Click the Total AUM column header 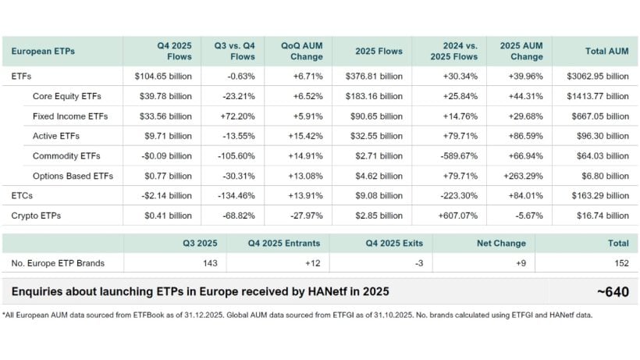(x=606, y=51)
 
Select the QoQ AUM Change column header (x=301, y=51)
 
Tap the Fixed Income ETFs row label (x=70, y=116)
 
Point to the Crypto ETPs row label (x=37, y=215)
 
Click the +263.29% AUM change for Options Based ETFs (x=522, y=176)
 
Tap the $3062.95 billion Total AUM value (x=598, y=77)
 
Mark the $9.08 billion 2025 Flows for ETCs (x=379, y=195)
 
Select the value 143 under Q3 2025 (x=208, y=263)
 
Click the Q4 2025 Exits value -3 (x=418, y=263)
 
